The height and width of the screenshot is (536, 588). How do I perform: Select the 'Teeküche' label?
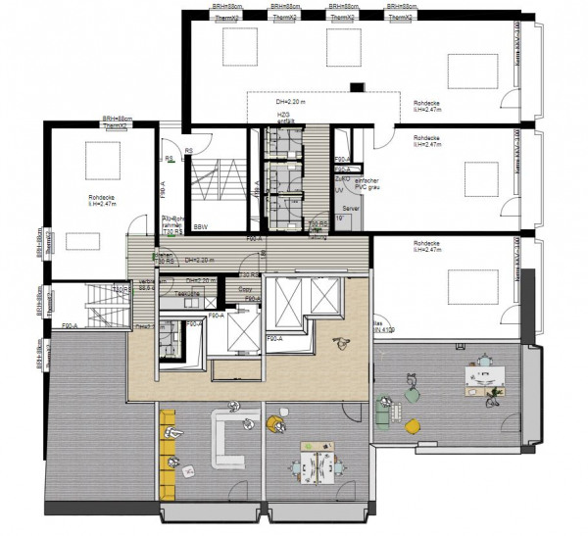pos(187,293)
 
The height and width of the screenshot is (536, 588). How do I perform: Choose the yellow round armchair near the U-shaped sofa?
pos(273,423)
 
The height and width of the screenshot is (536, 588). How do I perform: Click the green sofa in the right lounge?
pos(383,412)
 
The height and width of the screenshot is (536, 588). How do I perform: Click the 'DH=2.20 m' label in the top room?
pos(291,102)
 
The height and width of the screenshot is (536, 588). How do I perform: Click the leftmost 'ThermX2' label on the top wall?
pos(229,18)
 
